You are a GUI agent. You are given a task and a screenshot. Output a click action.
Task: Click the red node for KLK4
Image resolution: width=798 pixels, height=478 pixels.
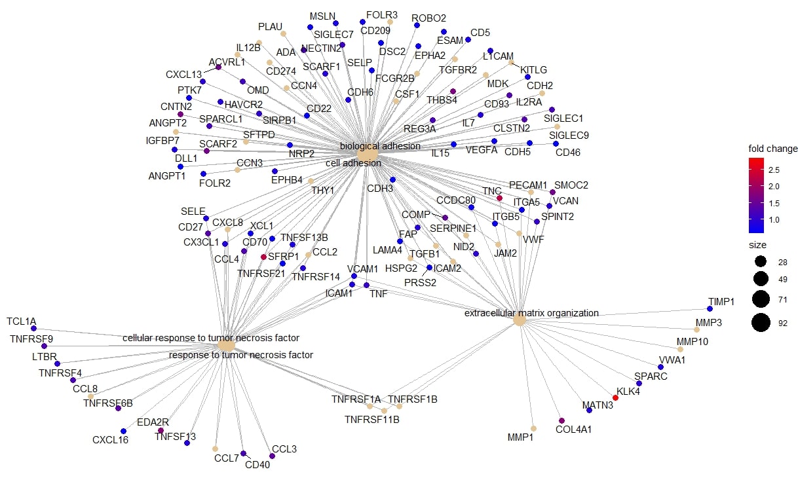click(615, 397)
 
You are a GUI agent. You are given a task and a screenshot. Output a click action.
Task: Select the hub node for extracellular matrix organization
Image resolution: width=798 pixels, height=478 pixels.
click(520, 320)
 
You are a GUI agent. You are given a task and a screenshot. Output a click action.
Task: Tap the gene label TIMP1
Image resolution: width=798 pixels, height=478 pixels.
click(721, 301)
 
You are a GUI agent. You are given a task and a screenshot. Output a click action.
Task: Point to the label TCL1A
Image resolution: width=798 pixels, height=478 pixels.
click(22, 322)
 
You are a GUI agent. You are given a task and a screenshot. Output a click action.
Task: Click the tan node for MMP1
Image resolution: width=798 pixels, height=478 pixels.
click(533, 428)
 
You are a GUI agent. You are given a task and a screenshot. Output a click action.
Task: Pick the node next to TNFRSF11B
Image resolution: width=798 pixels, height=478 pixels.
click(385, 411)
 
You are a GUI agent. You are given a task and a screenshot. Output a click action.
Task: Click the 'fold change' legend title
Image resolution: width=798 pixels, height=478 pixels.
click(773, 149)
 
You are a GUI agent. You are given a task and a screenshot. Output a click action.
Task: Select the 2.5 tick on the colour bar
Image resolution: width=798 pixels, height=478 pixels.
click(773, 170)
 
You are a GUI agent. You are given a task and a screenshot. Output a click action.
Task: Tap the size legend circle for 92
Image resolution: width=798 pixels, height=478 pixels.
click(761, 322)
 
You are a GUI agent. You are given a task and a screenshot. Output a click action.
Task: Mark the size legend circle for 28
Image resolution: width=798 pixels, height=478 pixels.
click(761, 262)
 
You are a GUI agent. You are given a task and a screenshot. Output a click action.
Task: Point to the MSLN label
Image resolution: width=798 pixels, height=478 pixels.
click(322, 15)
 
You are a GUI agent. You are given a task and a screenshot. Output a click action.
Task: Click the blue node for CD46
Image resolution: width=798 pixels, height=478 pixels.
click(556, 143)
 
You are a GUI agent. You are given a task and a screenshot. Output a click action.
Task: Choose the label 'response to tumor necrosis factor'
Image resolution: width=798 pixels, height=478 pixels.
click(241, 355)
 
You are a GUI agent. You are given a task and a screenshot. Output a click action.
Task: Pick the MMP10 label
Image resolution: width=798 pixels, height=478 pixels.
click(692, 341)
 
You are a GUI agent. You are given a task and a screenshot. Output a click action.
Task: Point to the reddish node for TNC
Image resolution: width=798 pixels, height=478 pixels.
click(499, 198)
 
